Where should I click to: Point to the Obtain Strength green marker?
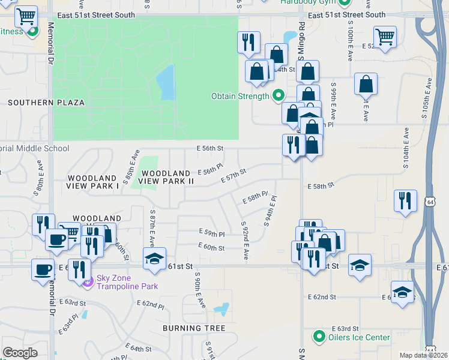278,95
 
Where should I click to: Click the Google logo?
20,353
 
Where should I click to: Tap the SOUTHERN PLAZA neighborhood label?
46,103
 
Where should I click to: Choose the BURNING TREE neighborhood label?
194,328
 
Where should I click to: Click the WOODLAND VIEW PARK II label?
166,176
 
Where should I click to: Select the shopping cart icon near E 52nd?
384,37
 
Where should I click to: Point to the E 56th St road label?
209,148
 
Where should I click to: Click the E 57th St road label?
234,176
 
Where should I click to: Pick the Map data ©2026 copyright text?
423,355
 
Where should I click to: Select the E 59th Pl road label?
211,233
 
